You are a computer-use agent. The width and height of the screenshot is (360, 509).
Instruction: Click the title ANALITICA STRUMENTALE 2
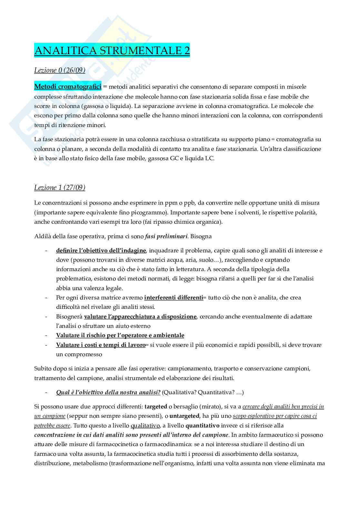point(112,51)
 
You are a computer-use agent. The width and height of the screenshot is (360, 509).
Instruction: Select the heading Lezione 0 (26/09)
point(60,70)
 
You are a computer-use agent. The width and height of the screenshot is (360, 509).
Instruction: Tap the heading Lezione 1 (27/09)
point(60,188)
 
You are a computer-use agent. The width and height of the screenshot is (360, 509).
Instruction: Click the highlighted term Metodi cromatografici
point(68,86)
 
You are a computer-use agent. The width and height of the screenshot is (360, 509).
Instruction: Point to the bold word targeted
point(156,406)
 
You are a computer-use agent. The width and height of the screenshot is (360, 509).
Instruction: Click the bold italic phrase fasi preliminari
point(166,236)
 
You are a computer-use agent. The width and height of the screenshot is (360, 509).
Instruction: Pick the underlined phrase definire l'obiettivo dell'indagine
point(101,250)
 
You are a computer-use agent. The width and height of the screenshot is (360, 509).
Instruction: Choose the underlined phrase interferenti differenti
point(174,298)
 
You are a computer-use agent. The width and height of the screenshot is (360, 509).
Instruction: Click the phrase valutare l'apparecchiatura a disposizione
point(140,317)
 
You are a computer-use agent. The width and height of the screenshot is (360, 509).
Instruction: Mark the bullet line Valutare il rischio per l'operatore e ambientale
point(120,335)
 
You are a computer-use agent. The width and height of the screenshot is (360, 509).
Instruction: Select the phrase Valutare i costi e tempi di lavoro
point(101,345)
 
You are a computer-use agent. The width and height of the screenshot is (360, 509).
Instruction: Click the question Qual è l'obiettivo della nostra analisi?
point(108,392)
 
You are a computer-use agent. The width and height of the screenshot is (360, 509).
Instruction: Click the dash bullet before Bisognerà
point(47,317)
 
